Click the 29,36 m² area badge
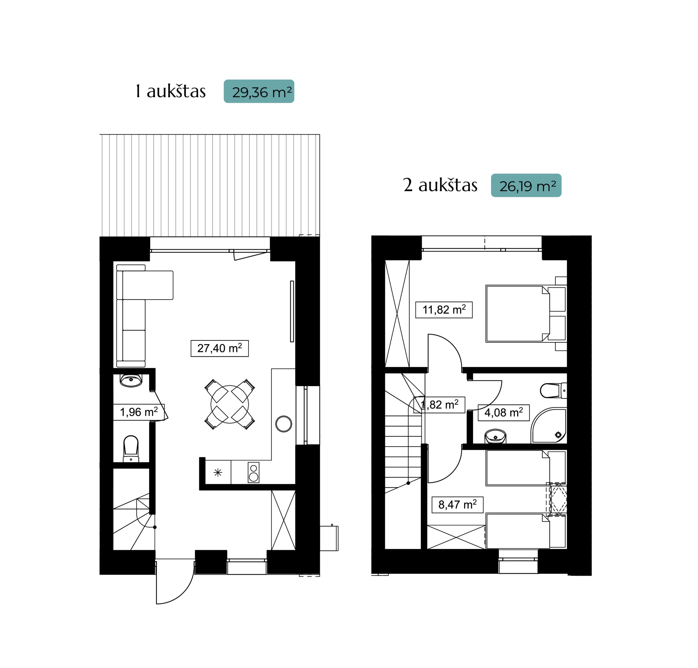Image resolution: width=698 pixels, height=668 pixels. [259, 91]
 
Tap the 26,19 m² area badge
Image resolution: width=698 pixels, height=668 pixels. [526, 185]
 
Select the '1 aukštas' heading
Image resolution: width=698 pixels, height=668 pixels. [170, 91]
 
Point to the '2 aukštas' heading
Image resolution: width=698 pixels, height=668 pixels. [440, 185]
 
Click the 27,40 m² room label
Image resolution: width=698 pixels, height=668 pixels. [219, 348]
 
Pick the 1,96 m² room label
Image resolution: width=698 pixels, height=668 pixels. [139, 412]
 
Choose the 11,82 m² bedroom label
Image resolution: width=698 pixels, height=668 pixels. [444, 309]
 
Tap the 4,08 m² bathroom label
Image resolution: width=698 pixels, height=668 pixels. [503, 412]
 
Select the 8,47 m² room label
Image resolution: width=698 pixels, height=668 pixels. [458, 505]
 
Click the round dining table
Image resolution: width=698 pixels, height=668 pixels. [230, 404]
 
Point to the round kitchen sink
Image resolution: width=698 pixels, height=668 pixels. [284, 424]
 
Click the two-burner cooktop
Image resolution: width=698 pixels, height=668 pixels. [253, 472]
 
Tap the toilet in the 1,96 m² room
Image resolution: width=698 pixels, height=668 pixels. [131, 449]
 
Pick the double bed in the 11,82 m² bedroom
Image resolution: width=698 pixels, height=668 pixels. [526, 313]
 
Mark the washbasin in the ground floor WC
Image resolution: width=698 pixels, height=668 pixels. [131, 380]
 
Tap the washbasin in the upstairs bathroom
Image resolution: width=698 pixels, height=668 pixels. [495, 436]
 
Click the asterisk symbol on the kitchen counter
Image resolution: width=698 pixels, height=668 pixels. [218, 472]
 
